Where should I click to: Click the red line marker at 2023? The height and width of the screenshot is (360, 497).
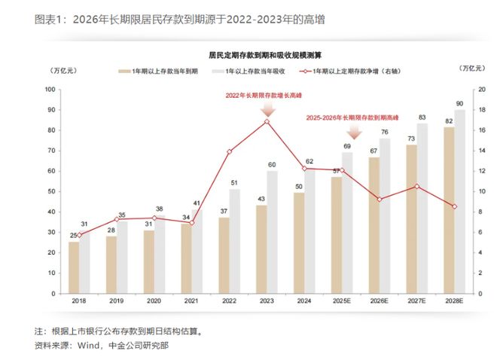267,121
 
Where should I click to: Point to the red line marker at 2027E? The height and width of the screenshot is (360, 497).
416,186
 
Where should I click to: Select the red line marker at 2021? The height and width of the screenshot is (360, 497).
191,223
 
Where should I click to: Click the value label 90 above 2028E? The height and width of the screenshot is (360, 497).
459,103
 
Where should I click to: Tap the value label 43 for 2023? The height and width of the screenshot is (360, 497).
261,199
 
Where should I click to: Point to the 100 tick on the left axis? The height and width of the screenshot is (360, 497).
51,90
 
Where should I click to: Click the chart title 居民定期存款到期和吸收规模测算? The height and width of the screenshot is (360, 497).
258,55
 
